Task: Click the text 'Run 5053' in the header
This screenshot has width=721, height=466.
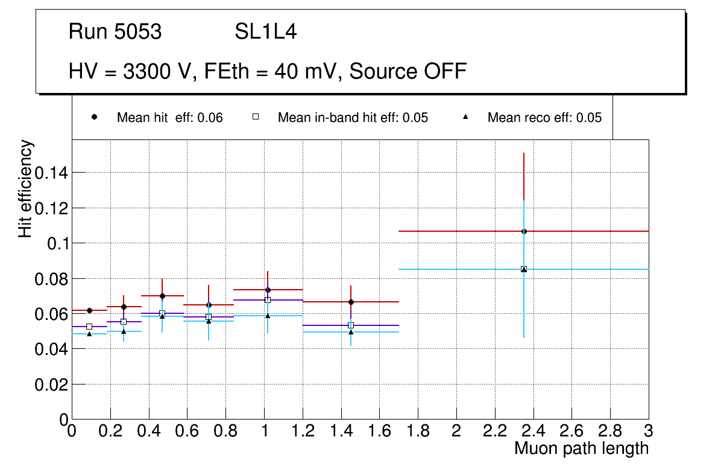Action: [115, 32]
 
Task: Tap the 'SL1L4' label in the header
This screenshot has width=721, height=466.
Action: [265, 32]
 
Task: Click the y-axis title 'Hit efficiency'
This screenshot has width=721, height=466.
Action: [25, 188]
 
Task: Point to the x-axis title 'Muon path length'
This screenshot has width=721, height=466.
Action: [581, 448]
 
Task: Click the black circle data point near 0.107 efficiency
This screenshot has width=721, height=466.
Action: [524, 231]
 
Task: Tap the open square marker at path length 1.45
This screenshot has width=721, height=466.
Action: [351, 325]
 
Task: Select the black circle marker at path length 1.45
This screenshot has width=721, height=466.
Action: [351, 302]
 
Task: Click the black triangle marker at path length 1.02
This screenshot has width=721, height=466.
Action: [268, 316]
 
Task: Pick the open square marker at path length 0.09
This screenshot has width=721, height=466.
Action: [89, 327]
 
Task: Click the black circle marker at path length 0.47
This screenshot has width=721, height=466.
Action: [162, 296]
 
